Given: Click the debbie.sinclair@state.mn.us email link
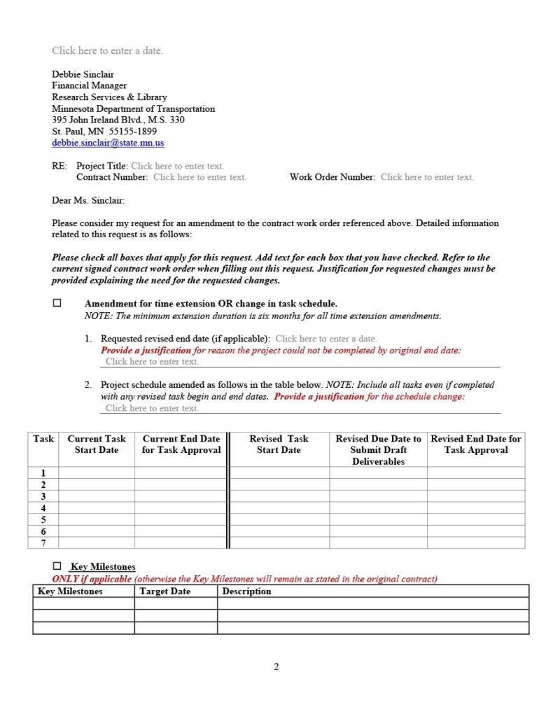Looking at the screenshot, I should pos(108,143).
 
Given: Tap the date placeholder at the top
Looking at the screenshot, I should pos(107,50).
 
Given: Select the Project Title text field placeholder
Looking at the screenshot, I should pos(177,166).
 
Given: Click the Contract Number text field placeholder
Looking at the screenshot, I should pos(199,177).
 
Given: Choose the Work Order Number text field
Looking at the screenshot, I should pos(427,177).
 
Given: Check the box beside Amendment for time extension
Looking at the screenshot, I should pos(57,304).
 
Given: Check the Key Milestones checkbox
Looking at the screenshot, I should pos(57,566).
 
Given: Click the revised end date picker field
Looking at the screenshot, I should pos(325,339).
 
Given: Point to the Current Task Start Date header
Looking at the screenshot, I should pos(97,444).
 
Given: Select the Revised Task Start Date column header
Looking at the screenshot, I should pos(279,444).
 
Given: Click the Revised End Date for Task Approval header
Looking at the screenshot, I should pos(476,444).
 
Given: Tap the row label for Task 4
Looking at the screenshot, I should pos(43,507).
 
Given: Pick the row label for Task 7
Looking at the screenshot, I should pos(43,542).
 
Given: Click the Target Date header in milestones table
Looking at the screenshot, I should pos(164,591).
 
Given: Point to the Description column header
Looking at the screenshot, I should pos(246,591).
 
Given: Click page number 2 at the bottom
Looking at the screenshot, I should pos(276,667).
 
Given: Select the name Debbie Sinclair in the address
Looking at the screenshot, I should pos(83,74).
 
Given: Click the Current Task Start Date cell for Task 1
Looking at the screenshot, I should pos(97,472).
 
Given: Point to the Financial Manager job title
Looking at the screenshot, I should pos(89,85).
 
